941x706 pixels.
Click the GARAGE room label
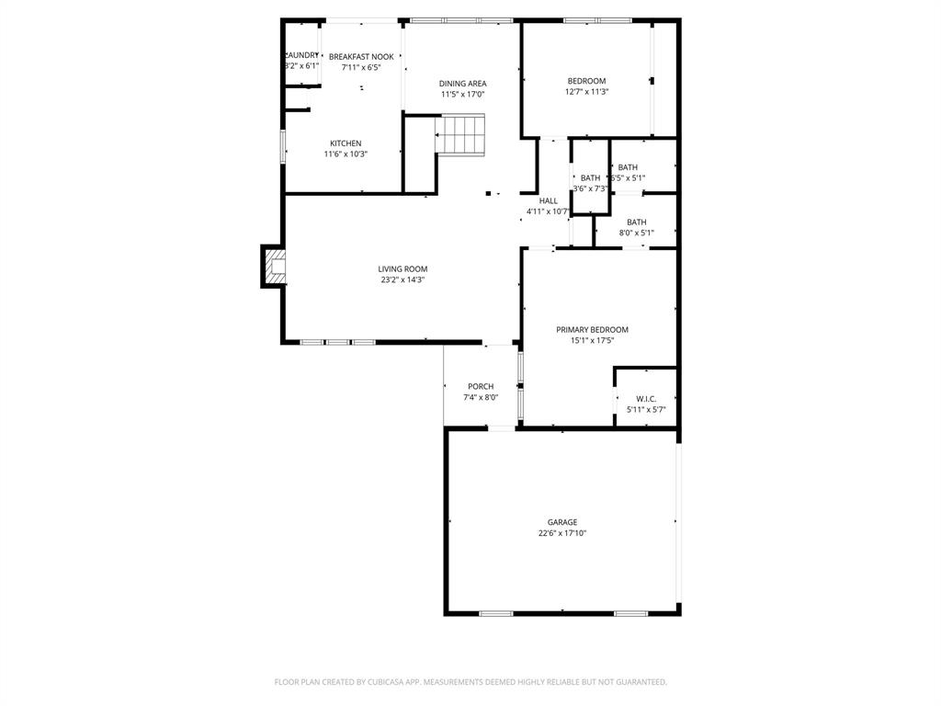point(562,522)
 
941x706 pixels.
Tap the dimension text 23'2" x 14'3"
point(402,279)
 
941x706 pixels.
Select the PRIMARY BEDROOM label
point(592,329)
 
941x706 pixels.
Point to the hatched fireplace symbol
point(274,267)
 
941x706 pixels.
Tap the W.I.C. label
point(646,399)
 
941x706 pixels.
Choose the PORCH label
point(481,386)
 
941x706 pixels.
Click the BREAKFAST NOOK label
point(361,57)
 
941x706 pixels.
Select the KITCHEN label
point(346,143)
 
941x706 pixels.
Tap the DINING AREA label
point(462,84)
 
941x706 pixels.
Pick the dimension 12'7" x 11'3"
point(586,91)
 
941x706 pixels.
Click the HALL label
point(549,200)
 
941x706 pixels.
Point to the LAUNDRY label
point(301,55)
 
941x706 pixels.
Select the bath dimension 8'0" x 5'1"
point(636,233)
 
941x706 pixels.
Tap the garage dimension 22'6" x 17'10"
point(562,533)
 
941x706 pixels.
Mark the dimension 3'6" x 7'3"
point(590,188)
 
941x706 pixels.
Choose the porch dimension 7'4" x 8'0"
point(481,397)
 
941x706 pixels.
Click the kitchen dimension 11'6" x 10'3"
point(346,154)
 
